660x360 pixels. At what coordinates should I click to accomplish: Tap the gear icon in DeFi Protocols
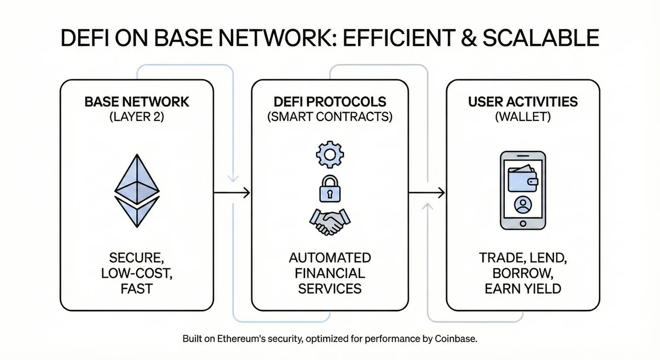(x=329, y=155)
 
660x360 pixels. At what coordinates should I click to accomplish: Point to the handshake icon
(x=329, y=221)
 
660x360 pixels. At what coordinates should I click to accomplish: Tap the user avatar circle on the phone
(x=521, y=206)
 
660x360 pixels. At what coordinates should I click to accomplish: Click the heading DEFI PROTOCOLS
(x=329, y=102)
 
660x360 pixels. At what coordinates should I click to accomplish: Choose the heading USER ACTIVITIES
(x=522, y=102)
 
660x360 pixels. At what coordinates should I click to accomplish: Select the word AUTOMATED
(x=330, y=258)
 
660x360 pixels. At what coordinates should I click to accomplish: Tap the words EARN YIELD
(x=522, y=289)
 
